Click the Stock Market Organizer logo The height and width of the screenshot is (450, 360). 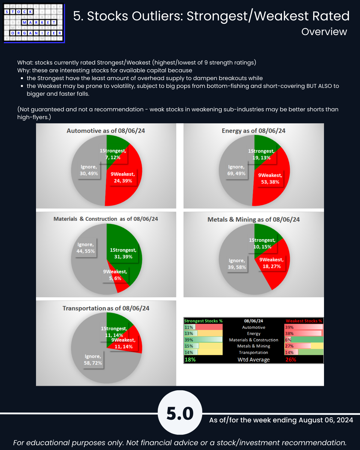tap(34, 23)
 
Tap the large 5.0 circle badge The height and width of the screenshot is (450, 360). tap(180, 412)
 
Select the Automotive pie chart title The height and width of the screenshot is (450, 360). tap(106, 131)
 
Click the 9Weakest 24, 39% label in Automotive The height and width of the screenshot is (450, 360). tap(123, 178)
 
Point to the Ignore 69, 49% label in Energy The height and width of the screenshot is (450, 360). tap(236, 170)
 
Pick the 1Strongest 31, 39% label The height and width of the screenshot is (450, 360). tap(123, 253)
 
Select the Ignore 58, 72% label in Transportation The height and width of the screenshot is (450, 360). tap(93, 360)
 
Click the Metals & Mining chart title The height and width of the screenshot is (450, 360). tap(253, 220)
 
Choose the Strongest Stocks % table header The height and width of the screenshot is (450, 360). tap(203, 321)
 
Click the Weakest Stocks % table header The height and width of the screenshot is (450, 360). tap(304, 321)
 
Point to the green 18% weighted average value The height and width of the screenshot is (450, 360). tap(190, 359)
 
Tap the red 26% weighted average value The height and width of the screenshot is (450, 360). tap(291, 359)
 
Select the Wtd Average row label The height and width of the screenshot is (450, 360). tap(253, 359)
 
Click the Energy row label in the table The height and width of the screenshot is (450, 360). tap(253, 334)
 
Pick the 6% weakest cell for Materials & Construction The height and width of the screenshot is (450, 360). tap(288, 340)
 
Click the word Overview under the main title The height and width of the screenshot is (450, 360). tap(324, 32)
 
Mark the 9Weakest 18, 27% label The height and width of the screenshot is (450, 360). tap(271, 263)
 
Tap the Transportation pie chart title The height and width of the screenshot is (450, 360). tap(106, 308)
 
